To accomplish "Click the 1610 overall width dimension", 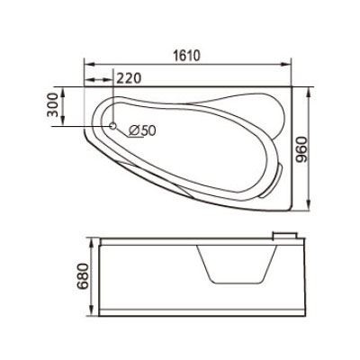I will (x=186, y=54).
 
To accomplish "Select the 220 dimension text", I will (x=129, y=78).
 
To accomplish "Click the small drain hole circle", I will (x=112, y=127).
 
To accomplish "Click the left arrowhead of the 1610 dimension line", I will (x=87, y=65).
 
